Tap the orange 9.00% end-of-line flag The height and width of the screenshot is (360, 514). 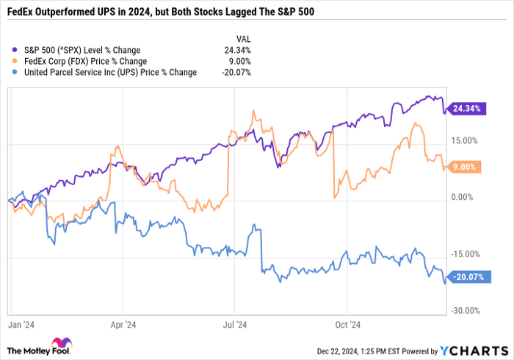[x=464, y=167]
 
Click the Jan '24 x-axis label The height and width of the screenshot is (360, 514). [x=21, y=324]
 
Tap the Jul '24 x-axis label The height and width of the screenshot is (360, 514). [x=234, y=324]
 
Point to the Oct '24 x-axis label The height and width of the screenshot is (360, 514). [x=347, y=324]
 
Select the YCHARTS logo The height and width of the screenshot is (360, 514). [x=473, y=349]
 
